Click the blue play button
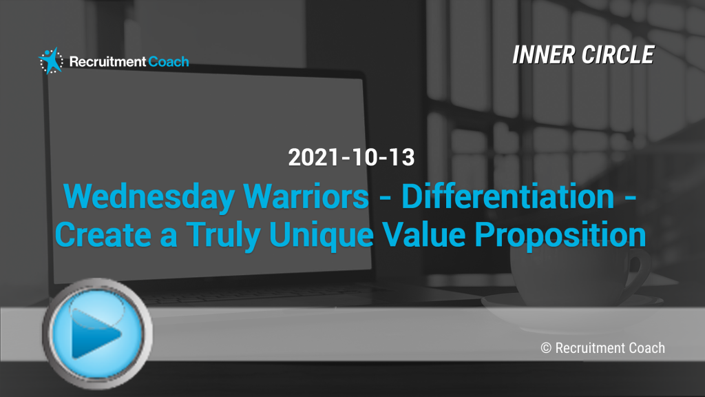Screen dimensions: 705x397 pyautogui.click(x=97, y=334)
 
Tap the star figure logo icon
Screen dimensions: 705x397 pyautogui.click(x=51, y=61)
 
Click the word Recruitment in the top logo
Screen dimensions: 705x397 pyautogui.click(x=107, y=61)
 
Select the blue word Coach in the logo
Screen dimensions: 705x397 pyautogui.click(x=169, y=61)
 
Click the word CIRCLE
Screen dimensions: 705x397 pyautogui.click(x=618, y=55)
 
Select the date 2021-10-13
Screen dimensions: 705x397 pyautogui.click(x=351, y=157)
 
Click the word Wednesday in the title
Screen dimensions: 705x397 pyautogui.click(x=149, y=197)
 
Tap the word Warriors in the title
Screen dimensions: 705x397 pyautogui.click(x=306, y=196)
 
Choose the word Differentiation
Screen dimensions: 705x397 pyautogui.click(x=508, y=196)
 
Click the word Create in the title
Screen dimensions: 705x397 pyautogui.click(x=103, y=235)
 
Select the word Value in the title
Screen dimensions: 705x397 pyautogui.click(x=424, y=235)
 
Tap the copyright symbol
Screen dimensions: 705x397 pyautogui.click(x=546, y=348)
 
